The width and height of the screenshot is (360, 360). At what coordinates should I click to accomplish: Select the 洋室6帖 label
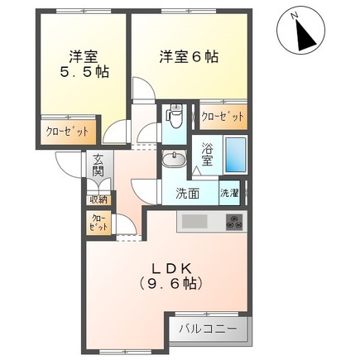click(188, 57)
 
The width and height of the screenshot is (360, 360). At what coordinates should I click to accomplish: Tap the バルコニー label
click(209, 329)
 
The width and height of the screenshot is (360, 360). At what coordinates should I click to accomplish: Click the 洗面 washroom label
click(188, 194)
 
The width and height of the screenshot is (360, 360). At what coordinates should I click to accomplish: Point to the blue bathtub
click(236, 154)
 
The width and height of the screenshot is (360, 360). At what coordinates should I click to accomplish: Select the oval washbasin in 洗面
click(174, 160)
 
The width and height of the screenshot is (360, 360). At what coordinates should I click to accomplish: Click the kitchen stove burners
click(236, 222)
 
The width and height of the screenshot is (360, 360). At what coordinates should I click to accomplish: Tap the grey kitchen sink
click(195, 221)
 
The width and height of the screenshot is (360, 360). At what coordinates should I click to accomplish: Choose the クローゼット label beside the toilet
click(223, 117)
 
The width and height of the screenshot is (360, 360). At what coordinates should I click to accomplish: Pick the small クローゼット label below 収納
click(98, 222)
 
